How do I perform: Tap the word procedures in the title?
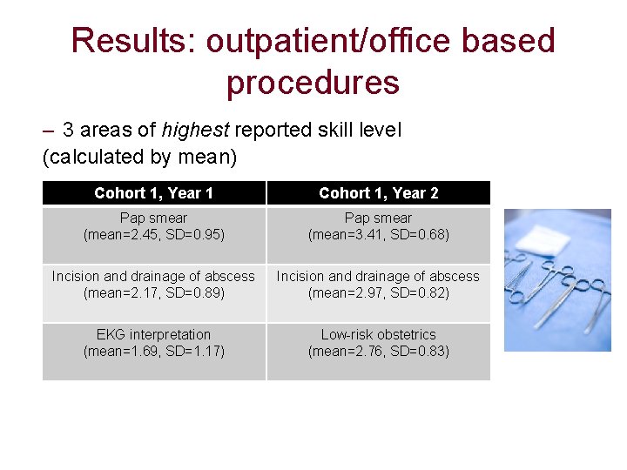click(313, 83)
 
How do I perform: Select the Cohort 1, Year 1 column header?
click(153, 193)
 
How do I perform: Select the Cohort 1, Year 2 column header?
click(378, 193)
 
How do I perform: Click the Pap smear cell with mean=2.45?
click(153, 226)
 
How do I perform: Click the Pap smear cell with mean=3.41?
click(378, 226)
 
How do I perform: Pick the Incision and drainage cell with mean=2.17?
click(153, 285)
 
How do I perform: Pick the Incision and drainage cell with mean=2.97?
click(378, 285)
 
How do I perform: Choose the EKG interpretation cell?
click(153, 343)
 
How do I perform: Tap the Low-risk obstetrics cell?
click(378, 343)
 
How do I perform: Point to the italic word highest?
click(195, 131)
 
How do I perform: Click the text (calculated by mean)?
click(139, 158)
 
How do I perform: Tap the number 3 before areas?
click(68, 131)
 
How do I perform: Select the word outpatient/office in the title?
click(327, 41)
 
